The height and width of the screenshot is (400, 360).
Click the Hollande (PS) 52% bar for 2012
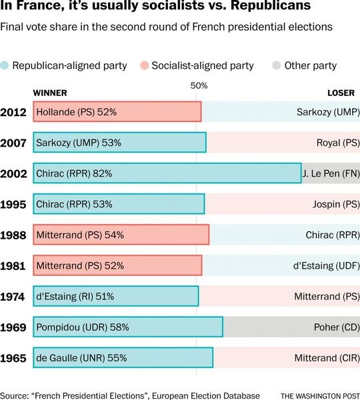pyautogui.click(x=117, y=111)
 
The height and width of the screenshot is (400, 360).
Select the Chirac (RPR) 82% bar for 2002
pyautogui.click(x=167, y=173)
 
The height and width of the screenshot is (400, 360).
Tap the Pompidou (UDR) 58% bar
pyautogui.click(x=127, y=327)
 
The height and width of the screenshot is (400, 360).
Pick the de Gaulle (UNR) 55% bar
pyautogui.click(x=123, y=358)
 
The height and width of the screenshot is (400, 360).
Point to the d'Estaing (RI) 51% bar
pyautogui.click(x=115, y=297)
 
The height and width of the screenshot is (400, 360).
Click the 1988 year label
pyautogui.click(x=13, y=235)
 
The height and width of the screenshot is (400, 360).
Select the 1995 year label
pyautogui.click(x=13, y=204)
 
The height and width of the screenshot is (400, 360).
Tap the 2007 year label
pyautogui.click(x=13, y=143)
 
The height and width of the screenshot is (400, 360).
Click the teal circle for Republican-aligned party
pyautogui.click(x=5, y=65)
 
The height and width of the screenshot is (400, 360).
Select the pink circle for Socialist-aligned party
pyautogui.click(x=145, y=65)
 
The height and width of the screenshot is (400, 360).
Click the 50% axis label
pyautogui.click(x=199, y=85)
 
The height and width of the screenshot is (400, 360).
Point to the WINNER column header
pyautogui.click(x=49, y=92)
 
